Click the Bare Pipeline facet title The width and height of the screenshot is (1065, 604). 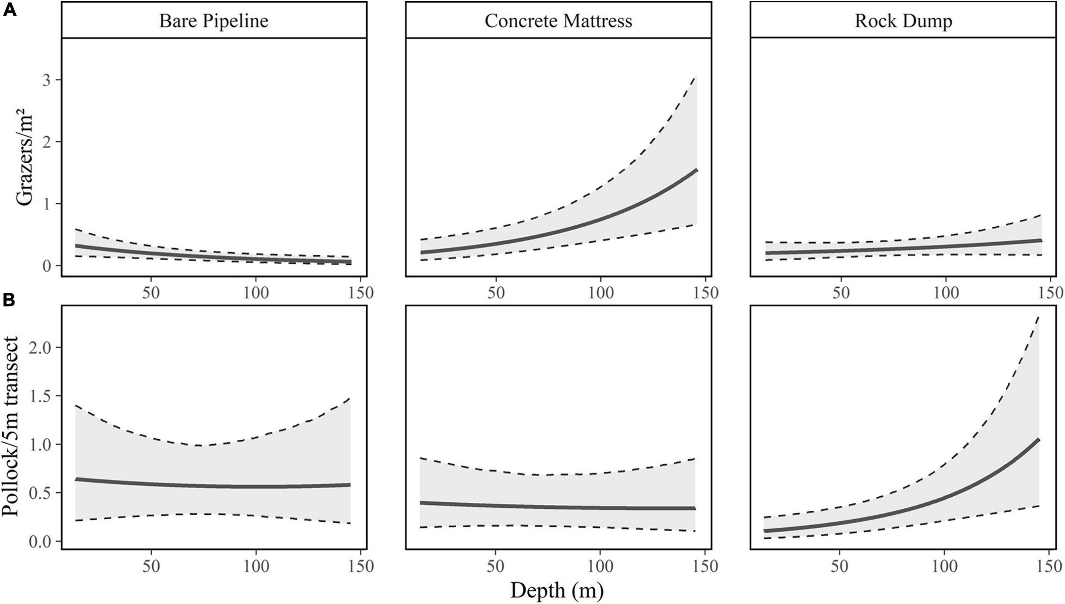(214, 21)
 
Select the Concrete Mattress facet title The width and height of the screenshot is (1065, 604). (558, 21)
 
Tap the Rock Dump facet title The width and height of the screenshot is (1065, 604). (903, 21)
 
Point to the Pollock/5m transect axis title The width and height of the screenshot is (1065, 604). (10, 426)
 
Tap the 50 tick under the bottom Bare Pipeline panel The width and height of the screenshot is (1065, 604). (151, 566)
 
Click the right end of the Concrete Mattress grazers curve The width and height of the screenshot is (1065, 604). (696, 170)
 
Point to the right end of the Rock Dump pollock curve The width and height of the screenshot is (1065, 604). (1039, 440)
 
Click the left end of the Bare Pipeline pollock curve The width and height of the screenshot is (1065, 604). (76, 479)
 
